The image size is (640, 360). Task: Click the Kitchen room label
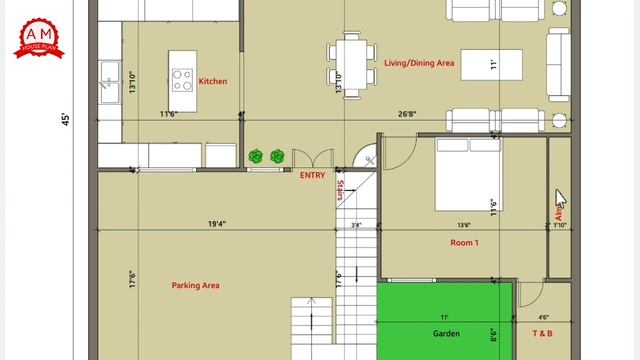click(x=213, y=81)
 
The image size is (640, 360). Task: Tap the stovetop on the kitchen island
click(x=183, y=79)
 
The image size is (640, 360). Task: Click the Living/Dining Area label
click(x=419, y=63)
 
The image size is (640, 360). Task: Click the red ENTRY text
click(x=312, y=175)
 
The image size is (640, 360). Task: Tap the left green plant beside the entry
click(x=257, y=157)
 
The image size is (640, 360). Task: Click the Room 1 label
click(x=464, y=243)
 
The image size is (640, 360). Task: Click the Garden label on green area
click(x=445, y=333)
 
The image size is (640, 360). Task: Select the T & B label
click(x=541, y=333)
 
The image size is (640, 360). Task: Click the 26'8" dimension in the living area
click(x=407, y=114)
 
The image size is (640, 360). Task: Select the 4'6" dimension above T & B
click(x=543, y=317)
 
